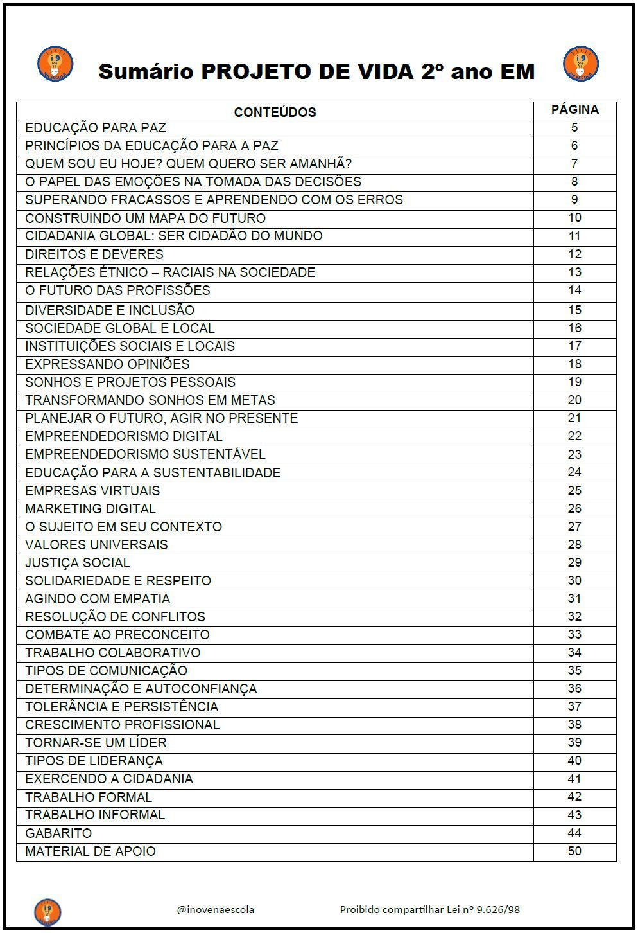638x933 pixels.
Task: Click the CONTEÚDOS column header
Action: [275, 112]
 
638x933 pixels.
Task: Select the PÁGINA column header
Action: [574, 110]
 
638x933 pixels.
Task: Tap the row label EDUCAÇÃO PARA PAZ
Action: [96, 128]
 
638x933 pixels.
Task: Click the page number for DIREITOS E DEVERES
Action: [574, 254]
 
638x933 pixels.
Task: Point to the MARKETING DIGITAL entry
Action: [91, 509]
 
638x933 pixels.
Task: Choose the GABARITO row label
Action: [58, 833]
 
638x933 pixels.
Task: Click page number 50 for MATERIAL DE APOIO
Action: [574, 851]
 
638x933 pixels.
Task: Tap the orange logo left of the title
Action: [55, 64]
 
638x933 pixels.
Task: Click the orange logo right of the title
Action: [580, 64]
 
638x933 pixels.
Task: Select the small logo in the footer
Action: [47, 912]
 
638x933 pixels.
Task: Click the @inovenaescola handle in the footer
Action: [216, 909]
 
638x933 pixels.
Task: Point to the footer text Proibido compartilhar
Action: [429, 909]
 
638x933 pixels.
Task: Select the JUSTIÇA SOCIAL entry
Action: [78, 563]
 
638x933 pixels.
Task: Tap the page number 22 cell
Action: [574, 436]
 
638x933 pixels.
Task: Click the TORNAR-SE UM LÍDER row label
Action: [96, 743]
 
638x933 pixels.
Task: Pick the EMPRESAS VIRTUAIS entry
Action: [92, 491]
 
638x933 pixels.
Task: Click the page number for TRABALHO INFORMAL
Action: [574, 815]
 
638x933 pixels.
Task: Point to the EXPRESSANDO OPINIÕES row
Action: [107, 364]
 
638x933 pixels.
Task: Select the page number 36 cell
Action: [574, 689]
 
